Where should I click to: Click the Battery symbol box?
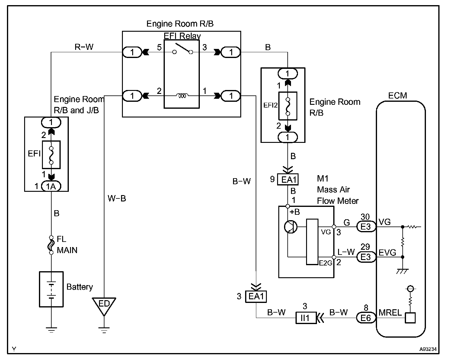point(51,289)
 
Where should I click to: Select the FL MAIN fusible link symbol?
point(51,245)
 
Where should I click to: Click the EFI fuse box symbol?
point(51,155)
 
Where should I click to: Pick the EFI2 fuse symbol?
point(288,106)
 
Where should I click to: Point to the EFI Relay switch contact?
point(183,49)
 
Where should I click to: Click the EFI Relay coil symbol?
point(182,96)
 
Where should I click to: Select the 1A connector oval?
point(51,186)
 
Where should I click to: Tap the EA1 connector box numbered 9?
point(288,179)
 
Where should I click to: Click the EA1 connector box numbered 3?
point(256,297)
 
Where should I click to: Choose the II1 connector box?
point(306,317)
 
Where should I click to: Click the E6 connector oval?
point(366,318)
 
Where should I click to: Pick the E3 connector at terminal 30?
point(366,227)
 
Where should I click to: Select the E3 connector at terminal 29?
point(366,257)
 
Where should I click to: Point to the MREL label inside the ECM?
point(390,313)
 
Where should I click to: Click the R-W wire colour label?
point(84,47)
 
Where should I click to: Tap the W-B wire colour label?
point(117,198)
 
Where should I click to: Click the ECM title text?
point(398,96)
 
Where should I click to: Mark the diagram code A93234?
point(428,349)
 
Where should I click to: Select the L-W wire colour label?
point(346,252)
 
